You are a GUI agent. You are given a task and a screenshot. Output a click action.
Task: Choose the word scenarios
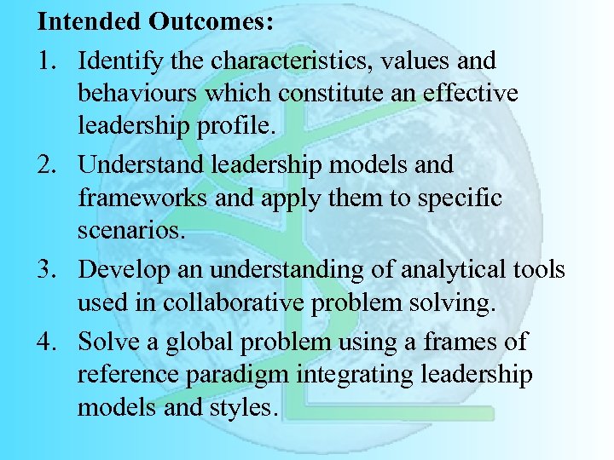tap(127, 230)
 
